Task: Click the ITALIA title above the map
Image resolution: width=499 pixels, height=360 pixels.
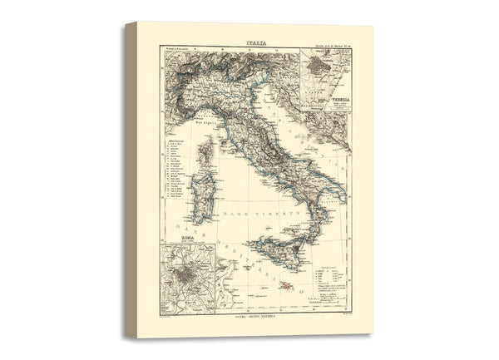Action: click(x=256, y=39)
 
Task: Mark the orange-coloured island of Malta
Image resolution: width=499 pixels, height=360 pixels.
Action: click(x=285, y=287)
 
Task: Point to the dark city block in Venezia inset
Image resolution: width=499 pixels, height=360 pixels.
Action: click(x=319, y=66)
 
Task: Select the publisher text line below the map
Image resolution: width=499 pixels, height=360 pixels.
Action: click(x=255, y=318)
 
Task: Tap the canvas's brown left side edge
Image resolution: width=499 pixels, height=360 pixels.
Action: click(x=131, y=179)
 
